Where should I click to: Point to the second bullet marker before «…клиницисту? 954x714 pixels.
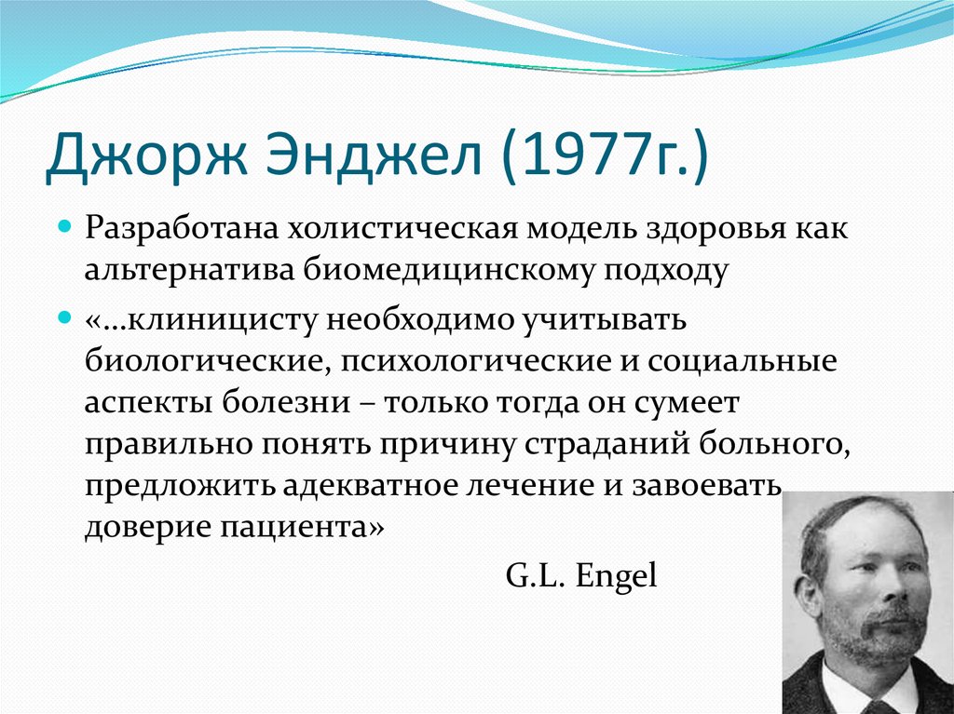(65, 318)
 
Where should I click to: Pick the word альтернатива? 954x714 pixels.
(188, 270)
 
